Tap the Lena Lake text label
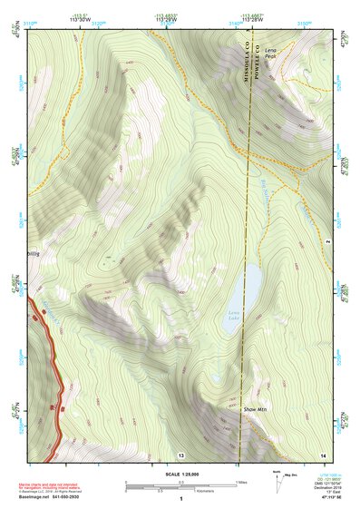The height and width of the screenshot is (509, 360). pos(234,316)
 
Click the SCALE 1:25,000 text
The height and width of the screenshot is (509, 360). pos(180,473)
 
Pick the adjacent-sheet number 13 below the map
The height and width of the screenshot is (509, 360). pos(181,454)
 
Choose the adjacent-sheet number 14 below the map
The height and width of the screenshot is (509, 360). pos(322,454)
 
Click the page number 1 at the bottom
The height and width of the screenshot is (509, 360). pos(180,499)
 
